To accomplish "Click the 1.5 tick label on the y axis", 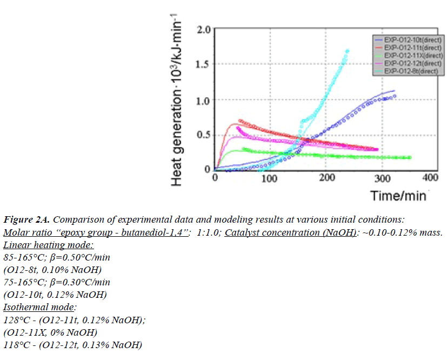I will tap(202, 64).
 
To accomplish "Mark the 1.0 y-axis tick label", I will tap(202, 99).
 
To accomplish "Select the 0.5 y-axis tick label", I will tap(202, 134).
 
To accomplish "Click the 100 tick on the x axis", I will tap(270, 178).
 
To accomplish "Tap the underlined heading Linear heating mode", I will tap(49, 245).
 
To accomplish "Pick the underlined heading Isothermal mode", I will tap(41, 307).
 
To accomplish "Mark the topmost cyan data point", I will tap(347, 51).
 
